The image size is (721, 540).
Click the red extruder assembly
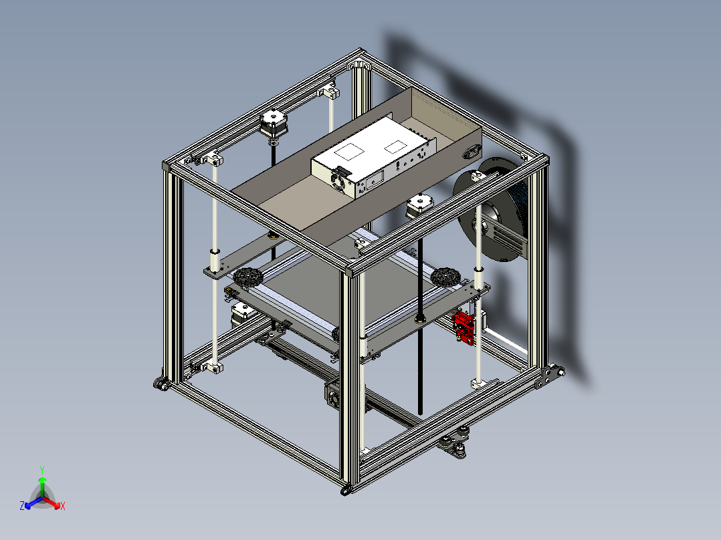click(x=463, y=327)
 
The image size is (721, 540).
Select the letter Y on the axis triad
click(x=42, y=470)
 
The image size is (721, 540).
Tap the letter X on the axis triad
click(x=63, y=506)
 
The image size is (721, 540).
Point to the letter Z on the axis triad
click(x=22, y=505)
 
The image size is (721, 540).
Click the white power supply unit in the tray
click(x=373, y=156)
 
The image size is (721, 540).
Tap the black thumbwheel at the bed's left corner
click(x=248, y=278)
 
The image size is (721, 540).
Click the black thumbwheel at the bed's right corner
click(x=445, y=277)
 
